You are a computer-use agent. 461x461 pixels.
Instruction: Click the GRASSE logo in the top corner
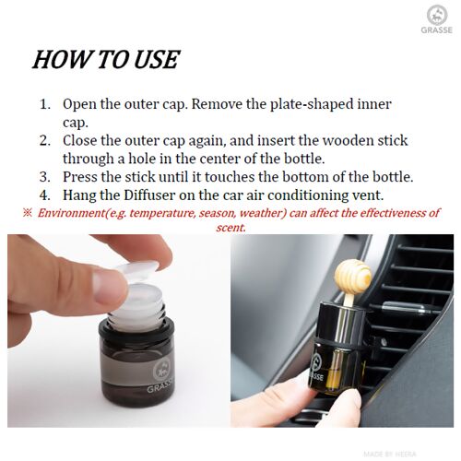click(436, 19)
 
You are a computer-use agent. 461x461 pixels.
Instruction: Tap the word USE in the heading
click(157, 59)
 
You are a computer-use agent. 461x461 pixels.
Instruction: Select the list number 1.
click(45, 104)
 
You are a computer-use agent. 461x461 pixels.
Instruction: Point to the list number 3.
click(45, 177)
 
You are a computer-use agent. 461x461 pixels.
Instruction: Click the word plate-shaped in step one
click(311, 105)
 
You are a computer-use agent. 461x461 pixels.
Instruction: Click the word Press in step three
click(78, 177)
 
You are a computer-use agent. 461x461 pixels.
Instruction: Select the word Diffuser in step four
click(149, 195)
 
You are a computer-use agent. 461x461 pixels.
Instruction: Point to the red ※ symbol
click(27, 213)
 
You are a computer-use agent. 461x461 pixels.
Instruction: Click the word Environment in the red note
click(71, 213)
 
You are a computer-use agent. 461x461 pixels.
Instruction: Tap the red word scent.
click(230, 228)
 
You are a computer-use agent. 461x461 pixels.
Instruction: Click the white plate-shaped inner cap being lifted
click(137, 271)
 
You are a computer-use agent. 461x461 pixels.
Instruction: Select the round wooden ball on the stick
click(353, 276)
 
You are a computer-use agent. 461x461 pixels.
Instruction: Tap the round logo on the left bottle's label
click(162, 370)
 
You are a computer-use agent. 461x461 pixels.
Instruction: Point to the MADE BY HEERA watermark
click(390, 454)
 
